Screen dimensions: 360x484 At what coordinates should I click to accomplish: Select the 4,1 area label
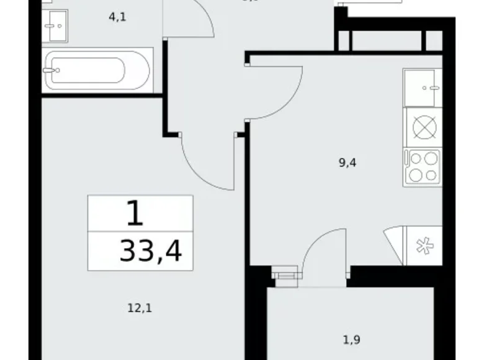click(117, 17)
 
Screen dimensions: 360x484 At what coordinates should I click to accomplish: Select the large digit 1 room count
click(135, 214)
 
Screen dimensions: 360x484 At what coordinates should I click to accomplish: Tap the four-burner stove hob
click(423, 166)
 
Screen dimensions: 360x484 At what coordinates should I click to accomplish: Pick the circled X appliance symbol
click(424, 127)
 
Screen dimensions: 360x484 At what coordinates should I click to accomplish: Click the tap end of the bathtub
click(50, 70)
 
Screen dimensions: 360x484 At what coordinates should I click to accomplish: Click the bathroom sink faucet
click(48, 25)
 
